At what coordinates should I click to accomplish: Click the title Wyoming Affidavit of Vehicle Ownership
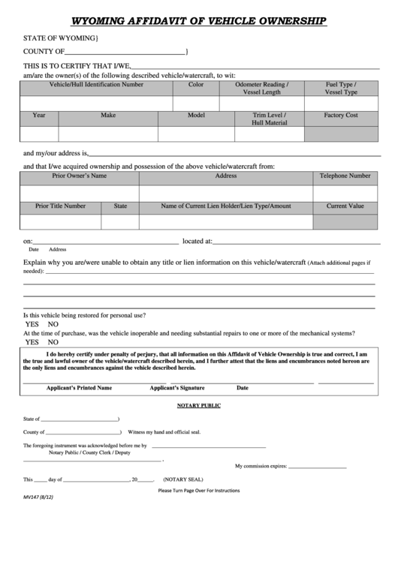[x=198, y=21]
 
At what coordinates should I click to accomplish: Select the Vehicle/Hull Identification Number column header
[x=96, y=85]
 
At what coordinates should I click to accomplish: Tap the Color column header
[x=196, y=85]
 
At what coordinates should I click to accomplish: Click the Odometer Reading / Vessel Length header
[x=261, y=89]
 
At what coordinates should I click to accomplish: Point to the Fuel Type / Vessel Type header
[x=341, y=89]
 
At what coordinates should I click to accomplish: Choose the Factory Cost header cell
[x=341, y=116]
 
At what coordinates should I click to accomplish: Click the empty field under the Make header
[x=108, y=134]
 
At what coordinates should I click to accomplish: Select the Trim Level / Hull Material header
[x=269, y=119]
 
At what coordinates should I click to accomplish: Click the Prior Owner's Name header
[x=79, y=176]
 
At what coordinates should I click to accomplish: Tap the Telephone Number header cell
[x=345, y=176]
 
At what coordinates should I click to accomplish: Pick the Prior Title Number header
[x=60, y=206]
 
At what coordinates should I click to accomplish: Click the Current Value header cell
[x=345, y=206]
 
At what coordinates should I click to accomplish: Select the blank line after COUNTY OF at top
[x=125, y=52]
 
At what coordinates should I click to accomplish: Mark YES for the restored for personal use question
[x=32, y=324]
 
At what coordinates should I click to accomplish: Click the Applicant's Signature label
[x=176, y=388]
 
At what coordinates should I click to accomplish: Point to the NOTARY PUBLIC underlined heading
[x=198, y=405]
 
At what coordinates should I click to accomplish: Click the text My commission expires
[x=261, y=466]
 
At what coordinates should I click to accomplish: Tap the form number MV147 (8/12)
[x=38, y=497]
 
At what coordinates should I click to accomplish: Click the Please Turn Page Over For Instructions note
[x=198, y=490]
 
